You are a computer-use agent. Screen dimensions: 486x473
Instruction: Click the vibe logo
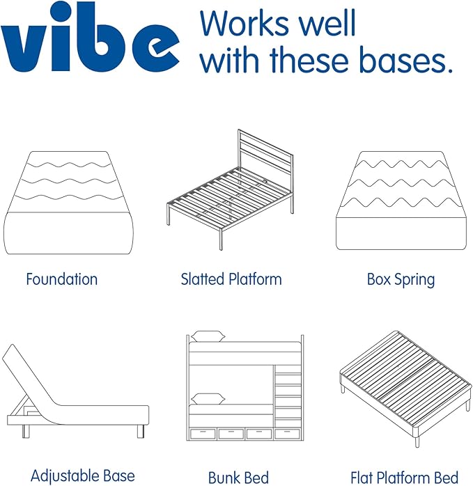(x=91, y=42)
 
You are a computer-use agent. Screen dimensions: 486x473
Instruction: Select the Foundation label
(x=62, y=279)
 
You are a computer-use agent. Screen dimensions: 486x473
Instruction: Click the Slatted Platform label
(x=231, y=279)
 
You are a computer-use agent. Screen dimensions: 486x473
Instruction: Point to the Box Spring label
(x=401, y=280)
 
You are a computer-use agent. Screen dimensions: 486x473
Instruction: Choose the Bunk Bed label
(x=238, y=478)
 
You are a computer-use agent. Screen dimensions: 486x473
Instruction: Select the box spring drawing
(x=401, y=202)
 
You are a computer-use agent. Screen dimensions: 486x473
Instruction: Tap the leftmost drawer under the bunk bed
(x=203, y=434)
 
